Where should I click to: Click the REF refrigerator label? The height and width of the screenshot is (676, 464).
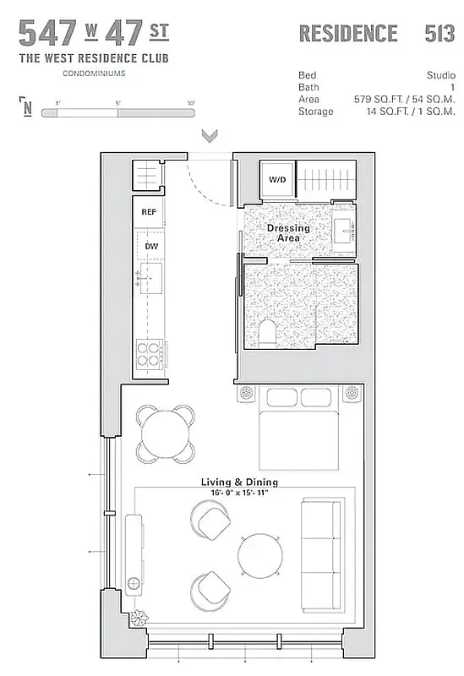point(150,213)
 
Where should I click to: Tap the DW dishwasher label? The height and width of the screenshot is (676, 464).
point(151,246)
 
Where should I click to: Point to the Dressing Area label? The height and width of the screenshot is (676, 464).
point(288,233)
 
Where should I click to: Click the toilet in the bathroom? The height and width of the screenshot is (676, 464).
point(266,333)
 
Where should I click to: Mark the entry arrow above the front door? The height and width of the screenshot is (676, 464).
point(210,135)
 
